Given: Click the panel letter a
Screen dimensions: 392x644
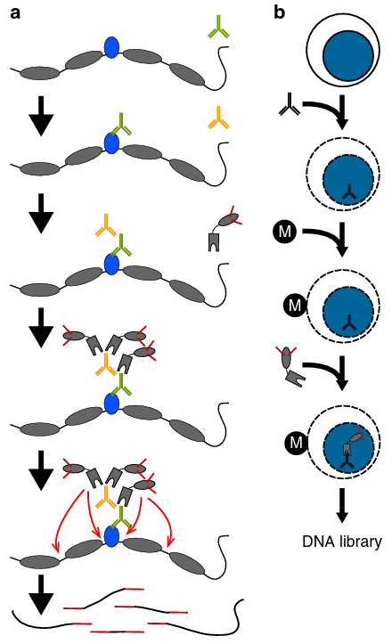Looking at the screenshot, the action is [x=15, y=13].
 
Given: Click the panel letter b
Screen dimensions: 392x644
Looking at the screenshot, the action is [x=279, y=12].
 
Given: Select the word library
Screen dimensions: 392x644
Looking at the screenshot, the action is [x=360, y=542].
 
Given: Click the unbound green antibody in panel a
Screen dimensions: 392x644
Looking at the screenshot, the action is [x=218, y=27].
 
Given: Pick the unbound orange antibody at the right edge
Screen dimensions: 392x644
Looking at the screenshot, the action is [x=218, y=118].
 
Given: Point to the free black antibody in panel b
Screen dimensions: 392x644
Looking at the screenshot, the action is [x=290, y=104].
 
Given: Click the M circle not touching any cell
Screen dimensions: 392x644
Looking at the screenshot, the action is [x=284, y=232].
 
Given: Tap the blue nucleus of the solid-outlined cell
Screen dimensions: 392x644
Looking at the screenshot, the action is [x=348, y=54].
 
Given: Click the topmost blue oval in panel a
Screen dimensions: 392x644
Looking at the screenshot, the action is [x=111, y=47].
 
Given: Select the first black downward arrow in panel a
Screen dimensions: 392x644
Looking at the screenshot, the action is [x=41, y=116].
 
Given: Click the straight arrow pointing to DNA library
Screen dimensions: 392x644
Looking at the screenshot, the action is [x=342, y=506].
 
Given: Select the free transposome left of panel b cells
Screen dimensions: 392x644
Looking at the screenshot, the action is [x=291, y=368].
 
